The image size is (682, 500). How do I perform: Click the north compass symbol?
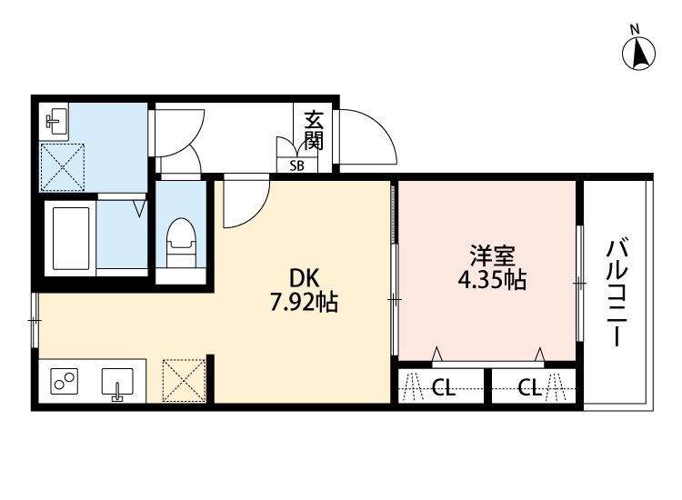(640, 52)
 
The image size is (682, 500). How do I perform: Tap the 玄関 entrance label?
(314, 131)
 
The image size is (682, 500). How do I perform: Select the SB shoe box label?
(297, 165)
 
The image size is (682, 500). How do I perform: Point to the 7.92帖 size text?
(304, 303)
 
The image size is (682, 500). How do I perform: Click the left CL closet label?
(443, 389)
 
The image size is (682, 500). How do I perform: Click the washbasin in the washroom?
(55, 120)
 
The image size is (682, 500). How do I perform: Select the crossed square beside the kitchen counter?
(185, 380)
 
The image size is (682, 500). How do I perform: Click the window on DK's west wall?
(34, 320)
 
